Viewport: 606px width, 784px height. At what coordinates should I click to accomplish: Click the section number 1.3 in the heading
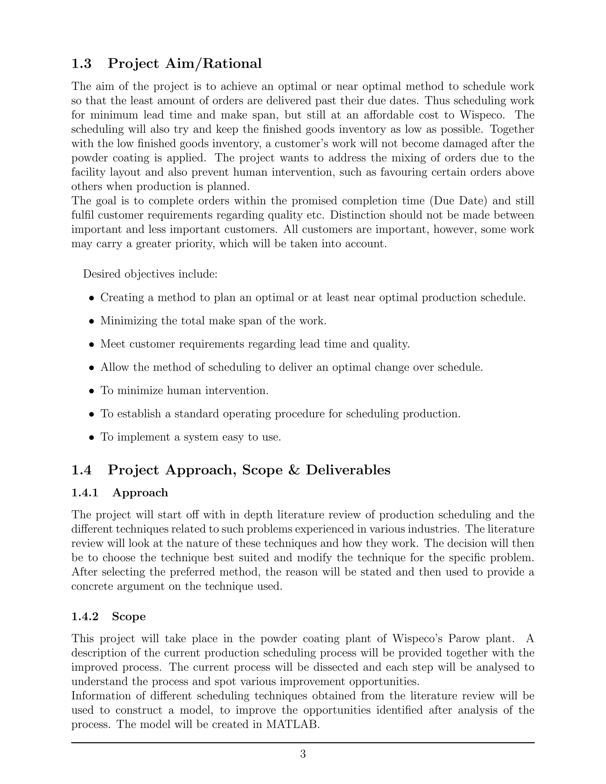81,64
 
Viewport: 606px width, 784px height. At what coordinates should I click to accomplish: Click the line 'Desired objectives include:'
150,274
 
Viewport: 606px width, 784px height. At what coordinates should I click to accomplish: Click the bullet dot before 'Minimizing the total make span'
92,321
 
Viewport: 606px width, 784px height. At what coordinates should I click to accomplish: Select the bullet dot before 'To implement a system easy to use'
92,438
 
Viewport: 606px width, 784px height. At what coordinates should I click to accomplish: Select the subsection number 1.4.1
85,493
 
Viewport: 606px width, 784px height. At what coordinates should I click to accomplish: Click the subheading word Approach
140,493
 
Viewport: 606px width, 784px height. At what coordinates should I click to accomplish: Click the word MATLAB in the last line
293,725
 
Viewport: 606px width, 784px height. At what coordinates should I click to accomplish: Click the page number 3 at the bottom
303,754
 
